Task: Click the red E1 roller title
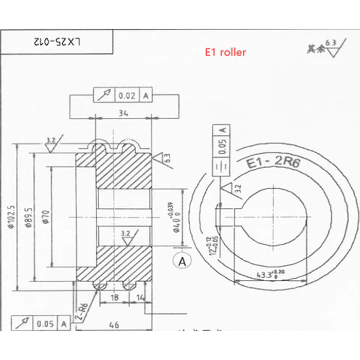click(x=225, y=52)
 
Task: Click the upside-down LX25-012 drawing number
click(x=58, y=41)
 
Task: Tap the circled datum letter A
click(x=182, y=261)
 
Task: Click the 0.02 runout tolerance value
click(x=127, y=96)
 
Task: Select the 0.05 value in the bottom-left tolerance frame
click(x=45, y=323)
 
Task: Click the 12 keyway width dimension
click(x=210, y=245)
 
